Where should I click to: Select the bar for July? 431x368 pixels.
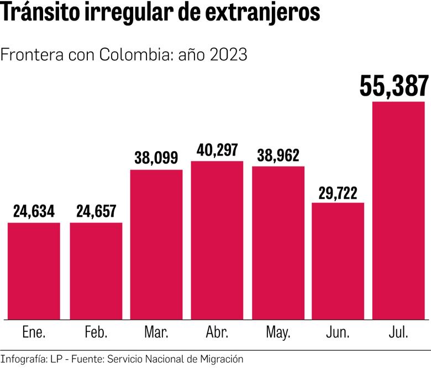click(x=398, y=210)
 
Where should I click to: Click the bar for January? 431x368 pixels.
click(x=34, y=271)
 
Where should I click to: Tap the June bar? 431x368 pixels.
click(x=338, y=261)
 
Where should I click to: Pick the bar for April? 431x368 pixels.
click(x=217, y=240)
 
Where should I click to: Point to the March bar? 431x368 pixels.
click(x=156, y=245)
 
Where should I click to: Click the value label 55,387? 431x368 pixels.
click(x=393, y=86)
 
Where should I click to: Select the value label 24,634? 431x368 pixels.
click(x=34, y=211)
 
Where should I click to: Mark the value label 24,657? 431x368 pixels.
click(x=96, y=211)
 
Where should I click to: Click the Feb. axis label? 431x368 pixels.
click(x=96, y=333)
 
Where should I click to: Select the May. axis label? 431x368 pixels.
click(x=278, y=333)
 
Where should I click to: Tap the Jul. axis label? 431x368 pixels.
click(x=398, y=333)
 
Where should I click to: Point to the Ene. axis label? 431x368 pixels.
click(x=34, y=333)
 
